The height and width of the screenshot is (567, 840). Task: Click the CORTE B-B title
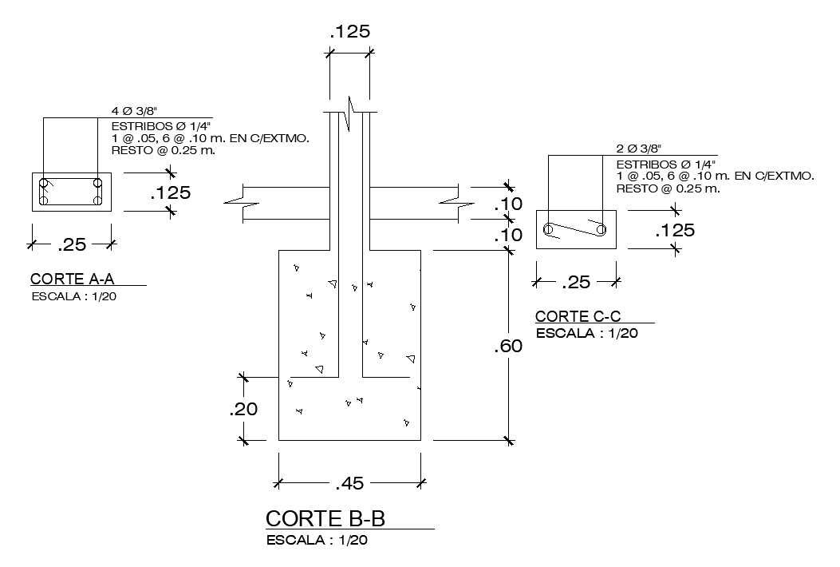click(325, 518)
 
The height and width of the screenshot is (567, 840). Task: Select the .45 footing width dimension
click(349, 482)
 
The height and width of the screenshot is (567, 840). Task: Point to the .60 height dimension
click(508, 347)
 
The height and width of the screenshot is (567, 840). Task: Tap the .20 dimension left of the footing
click(243, 409)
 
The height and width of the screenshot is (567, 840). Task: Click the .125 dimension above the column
click(349, 32)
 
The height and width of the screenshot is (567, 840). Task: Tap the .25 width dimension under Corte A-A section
click(73, 244)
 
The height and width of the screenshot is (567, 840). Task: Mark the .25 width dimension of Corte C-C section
click(577, 283)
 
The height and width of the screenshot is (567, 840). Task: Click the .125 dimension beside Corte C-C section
click(674, 231)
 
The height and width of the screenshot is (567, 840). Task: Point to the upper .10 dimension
click(508, 204)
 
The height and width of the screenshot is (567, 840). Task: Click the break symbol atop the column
click(349, 111)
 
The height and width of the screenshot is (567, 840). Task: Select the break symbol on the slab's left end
click(242, 203)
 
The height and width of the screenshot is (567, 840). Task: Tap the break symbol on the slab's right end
click(451, 203)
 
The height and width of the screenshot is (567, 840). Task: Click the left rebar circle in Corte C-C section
click(548, 230)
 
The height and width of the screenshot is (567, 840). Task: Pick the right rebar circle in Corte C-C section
click(601, 230)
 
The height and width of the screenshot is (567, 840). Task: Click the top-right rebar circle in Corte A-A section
click(97, 182)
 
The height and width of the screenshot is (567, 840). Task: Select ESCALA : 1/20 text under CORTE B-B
click(317, 541)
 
